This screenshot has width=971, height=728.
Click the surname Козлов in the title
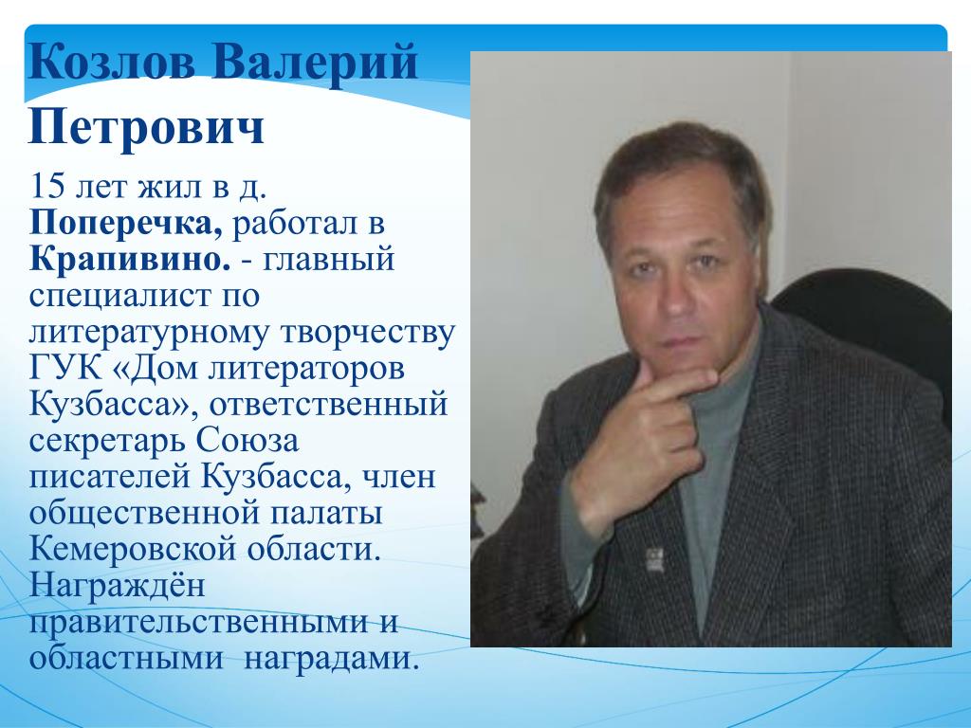(x=112, y=63)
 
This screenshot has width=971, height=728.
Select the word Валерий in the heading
(x=315, y=64)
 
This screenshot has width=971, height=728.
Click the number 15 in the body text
(x=47, y=186)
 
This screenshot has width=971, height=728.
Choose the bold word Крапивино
(x=129, y=259)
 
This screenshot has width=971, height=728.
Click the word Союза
(x=247, y=440)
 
